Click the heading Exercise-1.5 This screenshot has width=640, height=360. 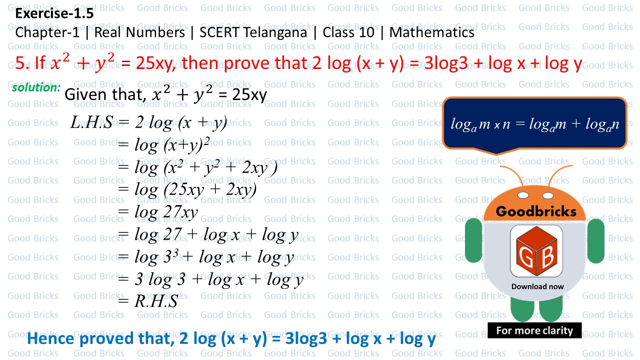pos(54,14)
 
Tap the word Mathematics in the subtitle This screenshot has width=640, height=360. pos(432,33)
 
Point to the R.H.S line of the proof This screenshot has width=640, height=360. pos(154,301)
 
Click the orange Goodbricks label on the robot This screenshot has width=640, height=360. pos(536,211)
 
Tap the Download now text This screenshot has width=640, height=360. pos(537,286)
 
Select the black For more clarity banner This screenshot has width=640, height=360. pos(534,330)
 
